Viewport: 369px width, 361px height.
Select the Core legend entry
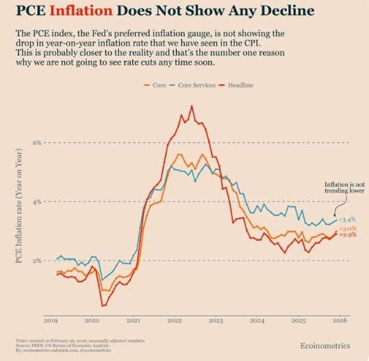156,85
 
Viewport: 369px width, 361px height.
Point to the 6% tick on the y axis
36,142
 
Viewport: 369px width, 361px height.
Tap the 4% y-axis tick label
36,201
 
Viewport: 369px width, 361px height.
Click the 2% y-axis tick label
36,261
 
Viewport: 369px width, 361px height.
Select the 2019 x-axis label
50,320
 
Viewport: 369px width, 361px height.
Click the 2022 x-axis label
174,320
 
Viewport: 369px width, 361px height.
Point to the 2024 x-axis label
257,320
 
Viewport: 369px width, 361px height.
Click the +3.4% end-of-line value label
348,219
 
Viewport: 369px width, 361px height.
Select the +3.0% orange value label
348,228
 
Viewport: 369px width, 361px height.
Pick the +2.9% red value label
348,235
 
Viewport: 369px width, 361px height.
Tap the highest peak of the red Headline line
191,105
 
